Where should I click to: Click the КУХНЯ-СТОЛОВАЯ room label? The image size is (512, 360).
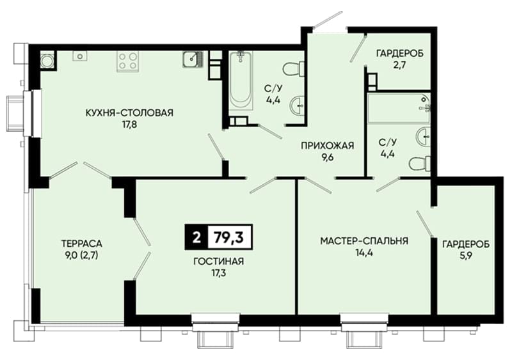click(129, 113)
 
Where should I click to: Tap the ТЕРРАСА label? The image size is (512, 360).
click(82, 244)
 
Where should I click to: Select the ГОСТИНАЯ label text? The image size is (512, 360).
click(219, 262)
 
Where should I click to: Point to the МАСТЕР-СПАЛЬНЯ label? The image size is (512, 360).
click(364, 241)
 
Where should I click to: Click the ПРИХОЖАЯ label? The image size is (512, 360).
click(327, 145)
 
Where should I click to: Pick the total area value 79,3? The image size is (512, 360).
click(229, 237)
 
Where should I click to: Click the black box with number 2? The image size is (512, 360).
click(196, 237)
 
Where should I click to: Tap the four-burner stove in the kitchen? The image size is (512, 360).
click(127, 61)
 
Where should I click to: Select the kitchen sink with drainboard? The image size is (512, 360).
click(193, 59)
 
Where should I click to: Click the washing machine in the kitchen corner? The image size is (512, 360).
click(47, 60)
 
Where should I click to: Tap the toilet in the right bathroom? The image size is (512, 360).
click(420, 164)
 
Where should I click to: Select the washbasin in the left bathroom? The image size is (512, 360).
click(298, 106)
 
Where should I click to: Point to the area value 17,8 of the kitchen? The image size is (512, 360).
click(129, 125)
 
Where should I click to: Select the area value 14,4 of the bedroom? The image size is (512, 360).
click(364, 253)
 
